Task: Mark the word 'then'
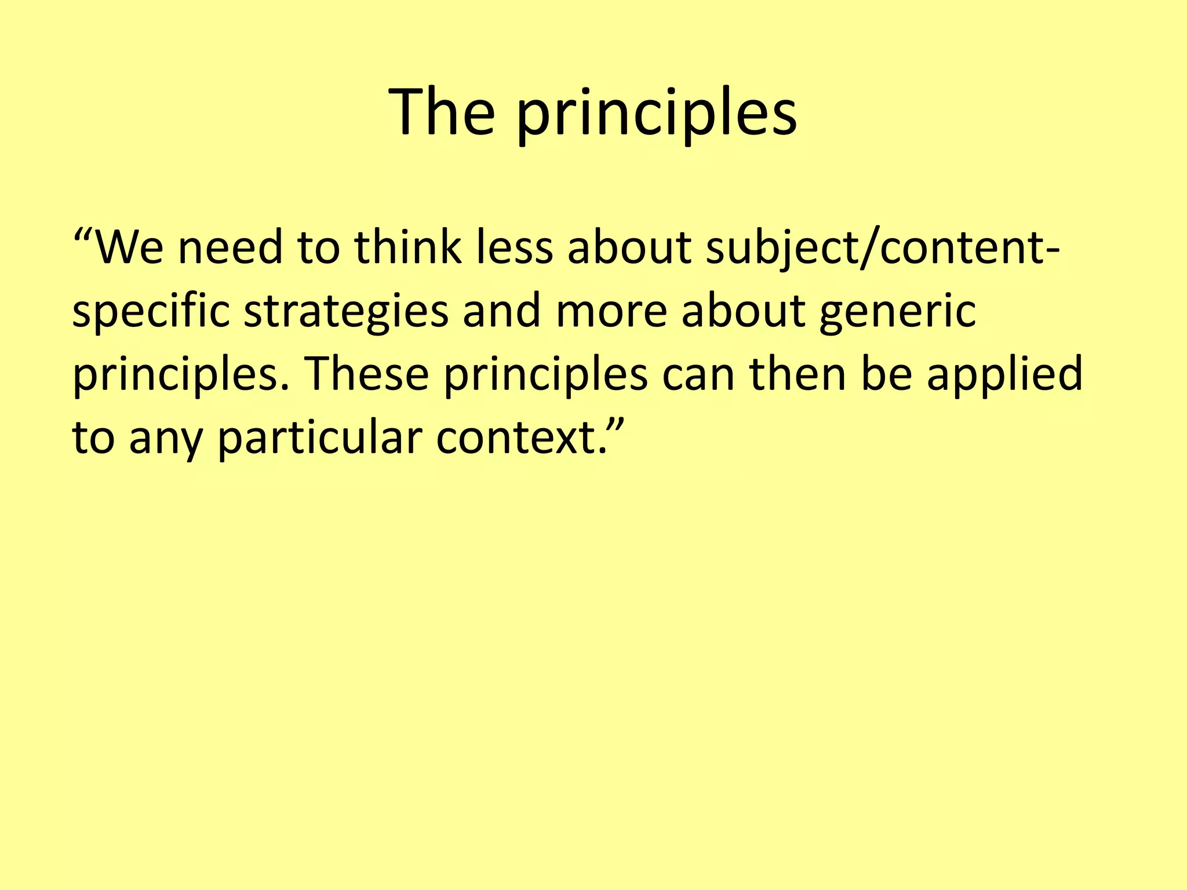click(x=799, y=374)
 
